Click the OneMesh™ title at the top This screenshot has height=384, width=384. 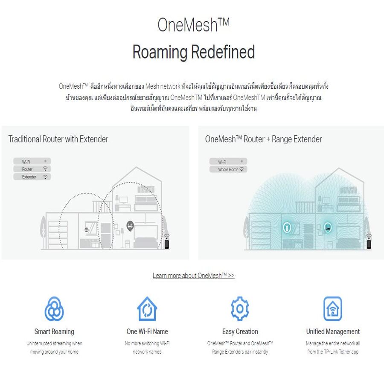pos(193,25)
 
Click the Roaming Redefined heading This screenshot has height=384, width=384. pos(193,52)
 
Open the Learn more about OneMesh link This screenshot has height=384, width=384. pos(193,276)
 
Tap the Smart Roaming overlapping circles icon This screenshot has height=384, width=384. pos(54,309)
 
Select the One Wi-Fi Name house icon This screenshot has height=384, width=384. pos(147,309)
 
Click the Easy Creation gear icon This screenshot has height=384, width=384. pos(240,308)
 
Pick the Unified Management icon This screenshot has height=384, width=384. pos(332,309)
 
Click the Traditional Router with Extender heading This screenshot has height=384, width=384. pos(58,139)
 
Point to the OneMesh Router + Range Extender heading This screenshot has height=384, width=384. pos(264,139)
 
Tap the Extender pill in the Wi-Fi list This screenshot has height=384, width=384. pos(32,177)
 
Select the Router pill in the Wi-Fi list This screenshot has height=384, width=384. pos(32,169)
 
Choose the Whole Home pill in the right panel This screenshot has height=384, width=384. pos(228,169)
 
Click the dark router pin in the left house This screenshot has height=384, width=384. pos(130,226)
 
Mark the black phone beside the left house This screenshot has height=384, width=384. pos(167,244)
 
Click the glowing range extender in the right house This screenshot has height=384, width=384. pos(287,227)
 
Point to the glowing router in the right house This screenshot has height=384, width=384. pos(328,227)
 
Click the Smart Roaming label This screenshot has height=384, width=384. pos(54,332)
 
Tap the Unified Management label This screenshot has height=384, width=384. pos(333,332)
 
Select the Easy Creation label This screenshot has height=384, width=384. pos(240,332)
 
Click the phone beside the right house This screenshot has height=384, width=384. pos(369,244)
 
